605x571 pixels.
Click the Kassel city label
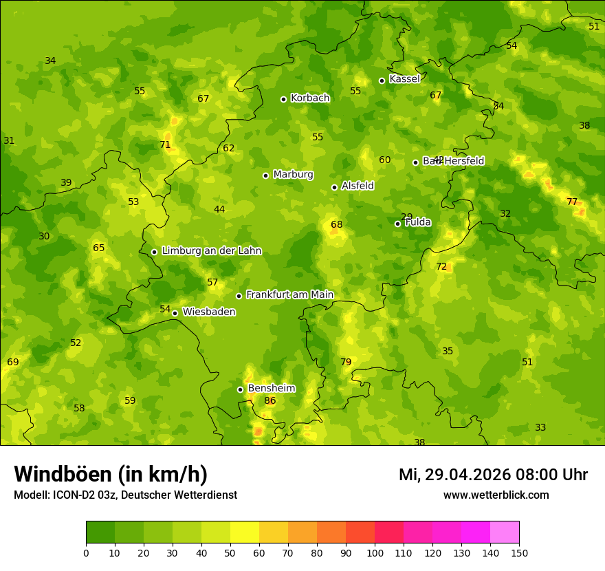pos(404,79)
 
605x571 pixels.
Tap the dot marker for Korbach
pos(283,99)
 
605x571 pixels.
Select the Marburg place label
pos(293,175)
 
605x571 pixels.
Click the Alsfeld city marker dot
pos(334,187)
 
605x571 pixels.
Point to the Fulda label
pos(418,222)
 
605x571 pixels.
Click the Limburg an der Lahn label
pos(211,251)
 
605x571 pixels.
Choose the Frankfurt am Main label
pos(289,295)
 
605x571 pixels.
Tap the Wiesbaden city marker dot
pos(175,313)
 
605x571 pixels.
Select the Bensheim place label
pos(272,389)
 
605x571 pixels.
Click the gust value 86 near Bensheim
pos(270,401)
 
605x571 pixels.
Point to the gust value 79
pos(346,363)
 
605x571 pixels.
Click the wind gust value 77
pos(572,202)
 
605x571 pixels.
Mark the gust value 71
pos(165,145)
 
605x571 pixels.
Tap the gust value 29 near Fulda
pos(407,217)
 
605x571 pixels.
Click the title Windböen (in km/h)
pos(111,474)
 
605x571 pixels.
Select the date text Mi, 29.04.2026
pos(454,475)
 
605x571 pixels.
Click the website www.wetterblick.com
pos(496,495)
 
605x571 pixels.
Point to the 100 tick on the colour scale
pos(375,552)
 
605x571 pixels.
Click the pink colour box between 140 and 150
pos(505,532)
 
